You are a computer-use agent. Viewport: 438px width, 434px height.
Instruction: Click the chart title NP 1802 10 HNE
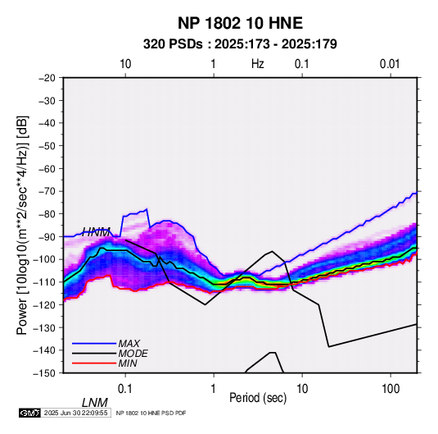[x=240, y=23]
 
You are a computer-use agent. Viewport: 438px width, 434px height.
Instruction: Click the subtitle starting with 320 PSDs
[x=240, y=44]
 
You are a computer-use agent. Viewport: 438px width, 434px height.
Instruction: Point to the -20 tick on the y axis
[x=47, y=78]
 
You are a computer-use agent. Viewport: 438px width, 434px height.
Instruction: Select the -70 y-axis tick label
[x=47, y=191]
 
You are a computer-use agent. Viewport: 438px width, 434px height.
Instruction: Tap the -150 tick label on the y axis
[x=44, y=373]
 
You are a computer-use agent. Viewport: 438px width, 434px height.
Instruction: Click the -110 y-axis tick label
[x=44, y=282]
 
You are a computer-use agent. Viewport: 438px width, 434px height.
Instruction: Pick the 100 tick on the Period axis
[x=391, y=389]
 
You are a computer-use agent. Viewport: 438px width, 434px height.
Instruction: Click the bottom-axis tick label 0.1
[x=125, y=389]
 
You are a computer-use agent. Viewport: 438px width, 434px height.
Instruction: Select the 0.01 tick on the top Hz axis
[x=390, y=64]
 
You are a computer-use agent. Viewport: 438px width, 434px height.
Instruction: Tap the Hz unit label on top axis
[x=258, y=64]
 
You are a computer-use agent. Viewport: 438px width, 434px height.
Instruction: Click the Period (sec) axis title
[x=258, y=398]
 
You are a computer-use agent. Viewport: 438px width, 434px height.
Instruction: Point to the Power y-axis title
[x=22, y=226]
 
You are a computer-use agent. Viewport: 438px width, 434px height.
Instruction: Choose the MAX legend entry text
[x=129, y=344]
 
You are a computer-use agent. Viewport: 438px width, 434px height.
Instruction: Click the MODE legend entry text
[x=133, y=354]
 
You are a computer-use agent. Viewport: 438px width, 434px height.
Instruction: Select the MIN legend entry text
[x=128, y=363]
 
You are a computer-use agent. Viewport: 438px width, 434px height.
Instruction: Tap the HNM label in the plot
[x=96, y=232]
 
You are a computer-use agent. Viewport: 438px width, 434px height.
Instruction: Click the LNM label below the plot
[x=94, y=403]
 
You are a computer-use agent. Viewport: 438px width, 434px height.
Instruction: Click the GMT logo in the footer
[x=30, y=413]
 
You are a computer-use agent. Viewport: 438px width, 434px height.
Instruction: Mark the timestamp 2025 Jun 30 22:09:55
[x=75, y=413]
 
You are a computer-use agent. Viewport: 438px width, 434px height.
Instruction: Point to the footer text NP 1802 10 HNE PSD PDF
[x=151, y=413]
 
